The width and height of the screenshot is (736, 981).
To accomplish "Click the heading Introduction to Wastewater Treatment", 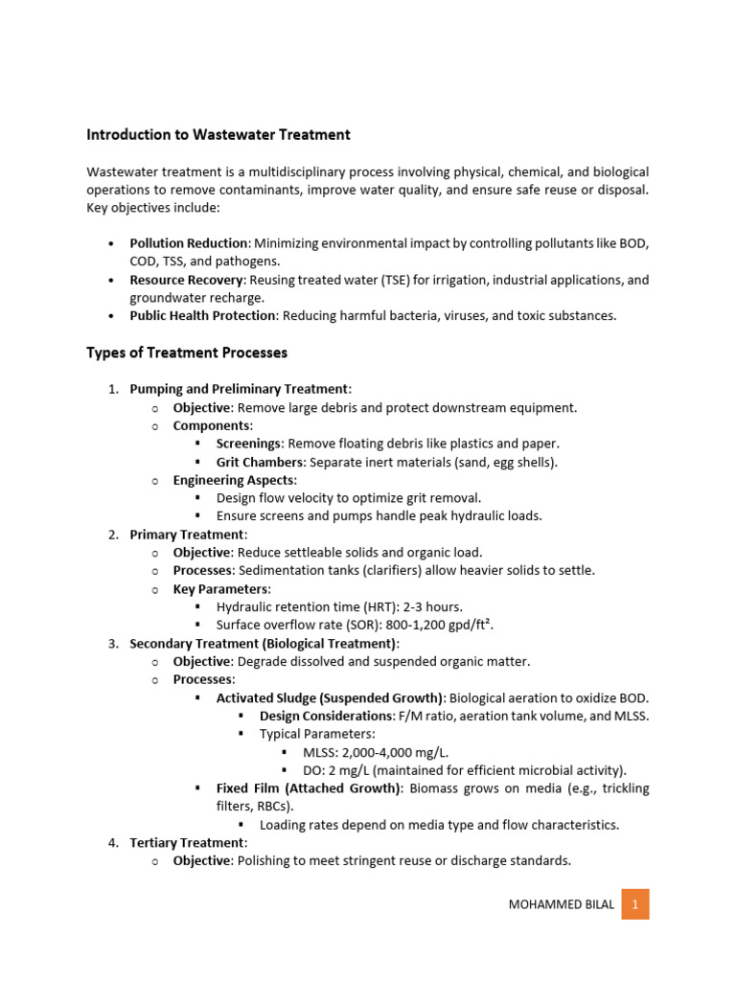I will [x=218, y=135].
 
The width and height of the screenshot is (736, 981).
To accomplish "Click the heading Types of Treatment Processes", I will [x=187, y=353].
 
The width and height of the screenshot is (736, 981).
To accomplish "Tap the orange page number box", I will [x=634, y=903].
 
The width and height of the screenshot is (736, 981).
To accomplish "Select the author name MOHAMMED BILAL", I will [x=562, y=904].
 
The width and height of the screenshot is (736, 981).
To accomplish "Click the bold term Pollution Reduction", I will [x=189, y=244].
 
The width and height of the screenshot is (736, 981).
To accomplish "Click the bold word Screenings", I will [x=248, y=444].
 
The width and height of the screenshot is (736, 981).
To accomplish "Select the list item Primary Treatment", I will [x=188, y=534].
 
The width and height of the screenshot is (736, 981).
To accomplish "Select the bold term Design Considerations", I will [x=324, y=716].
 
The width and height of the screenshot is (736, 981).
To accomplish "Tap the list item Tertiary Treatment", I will [x=187, y=842].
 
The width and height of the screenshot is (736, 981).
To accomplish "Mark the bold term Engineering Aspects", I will [x=234, y=480].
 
